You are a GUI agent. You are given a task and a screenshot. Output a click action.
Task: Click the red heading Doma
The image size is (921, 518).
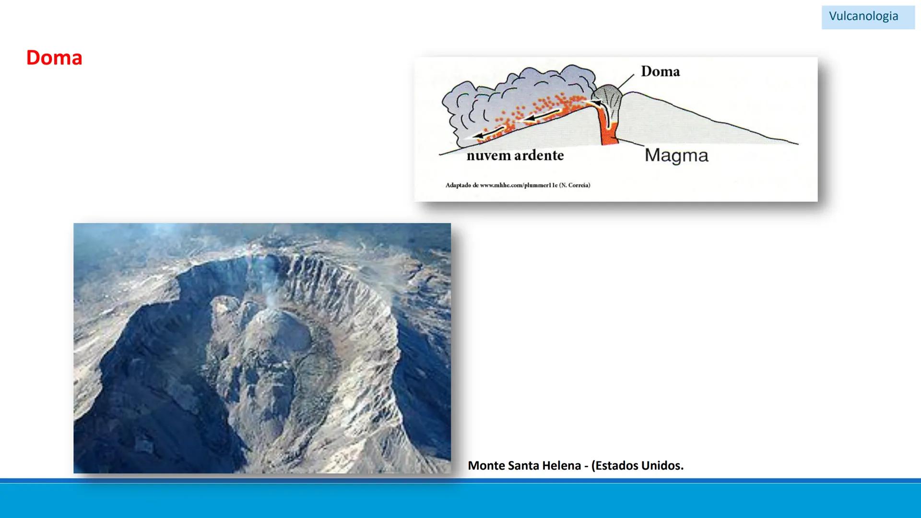click(x=54, y=58)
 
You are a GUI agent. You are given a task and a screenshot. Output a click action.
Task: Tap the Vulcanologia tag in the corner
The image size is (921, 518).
click(x=863, y=16)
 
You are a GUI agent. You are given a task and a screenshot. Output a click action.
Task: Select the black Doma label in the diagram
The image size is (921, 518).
click(x=660, y=71)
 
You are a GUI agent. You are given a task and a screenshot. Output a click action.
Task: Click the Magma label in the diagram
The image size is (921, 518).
click(x=676, y=155)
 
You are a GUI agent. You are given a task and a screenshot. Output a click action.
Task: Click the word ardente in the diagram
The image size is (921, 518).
click(x=539, y=155)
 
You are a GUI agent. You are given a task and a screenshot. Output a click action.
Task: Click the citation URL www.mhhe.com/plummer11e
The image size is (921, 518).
click(x=519, y=185)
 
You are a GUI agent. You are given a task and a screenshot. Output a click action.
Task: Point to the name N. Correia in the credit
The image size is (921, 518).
click(x=575, y=185)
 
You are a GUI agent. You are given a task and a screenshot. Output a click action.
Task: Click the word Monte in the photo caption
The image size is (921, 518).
click(x=484, y=466)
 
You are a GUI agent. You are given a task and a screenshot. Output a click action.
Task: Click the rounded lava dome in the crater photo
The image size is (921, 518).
click(x=281, y=331)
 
